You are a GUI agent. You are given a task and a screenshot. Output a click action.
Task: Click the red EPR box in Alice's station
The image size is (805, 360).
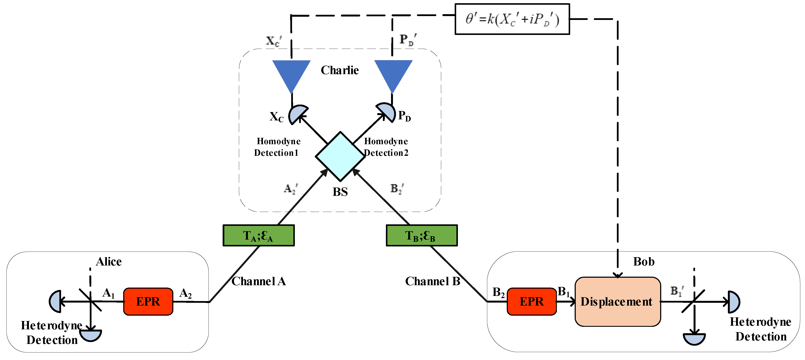[148, 301]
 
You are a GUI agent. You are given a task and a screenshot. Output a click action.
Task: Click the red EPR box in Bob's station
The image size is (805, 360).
[532, 301]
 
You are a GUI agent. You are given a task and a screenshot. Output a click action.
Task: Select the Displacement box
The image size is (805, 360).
[618, 301]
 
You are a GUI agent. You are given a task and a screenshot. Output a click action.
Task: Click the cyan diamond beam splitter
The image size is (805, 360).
[340, 156]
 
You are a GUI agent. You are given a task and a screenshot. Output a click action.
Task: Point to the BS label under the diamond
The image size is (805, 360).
[340, 192]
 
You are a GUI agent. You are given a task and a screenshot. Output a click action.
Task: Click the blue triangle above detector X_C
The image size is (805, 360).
[291, 73]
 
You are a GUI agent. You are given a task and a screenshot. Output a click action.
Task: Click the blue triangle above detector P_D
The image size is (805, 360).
[393, 73]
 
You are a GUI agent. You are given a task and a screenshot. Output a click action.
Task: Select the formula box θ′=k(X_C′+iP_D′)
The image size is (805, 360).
[512, 19]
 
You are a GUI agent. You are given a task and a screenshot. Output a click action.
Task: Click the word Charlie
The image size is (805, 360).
[340, 70]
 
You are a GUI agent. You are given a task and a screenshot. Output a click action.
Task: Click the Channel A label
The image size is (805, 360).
[258, 281]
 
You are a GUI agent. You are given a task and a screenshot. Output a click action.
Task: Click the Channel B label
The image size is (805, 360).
[433, 281]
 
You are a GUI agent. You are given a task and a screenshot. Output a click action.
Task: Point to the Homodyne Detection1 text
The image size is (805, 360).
[277, 147]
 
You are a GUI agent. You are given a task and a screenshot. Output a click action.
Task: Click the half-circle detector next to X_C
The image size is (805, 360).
[297, 114]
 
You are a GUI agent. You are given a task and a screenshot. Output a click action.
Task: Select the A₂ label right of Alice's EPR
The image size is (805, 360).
[185, 293]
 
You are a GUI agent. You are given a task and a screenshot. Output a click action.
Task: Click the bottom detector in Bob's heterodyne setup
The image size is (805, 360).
[694, 338]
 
